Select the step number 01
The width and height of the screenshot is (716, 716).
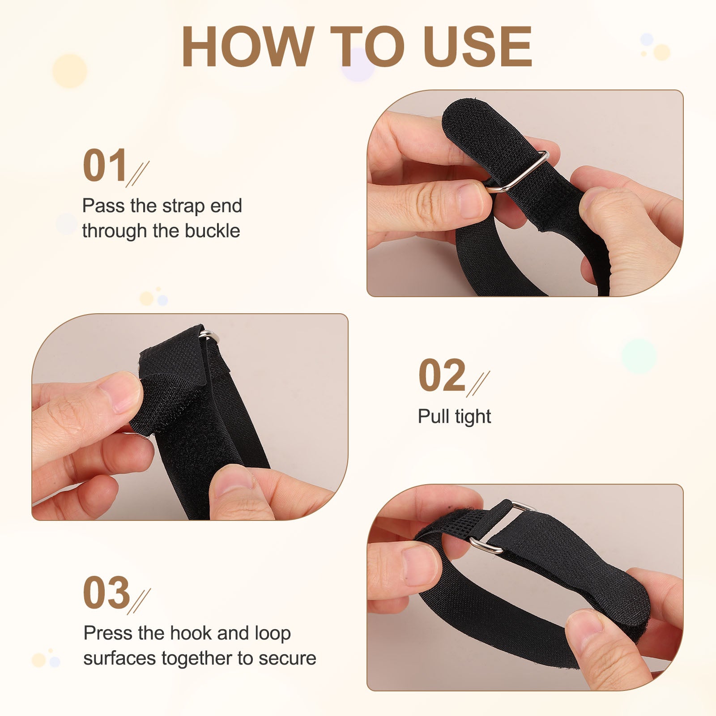[105, 166]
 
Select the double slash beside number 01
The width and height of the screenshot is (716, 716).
[138, 174]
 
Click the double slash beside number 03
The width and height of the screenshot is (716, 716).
[139, 601]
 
